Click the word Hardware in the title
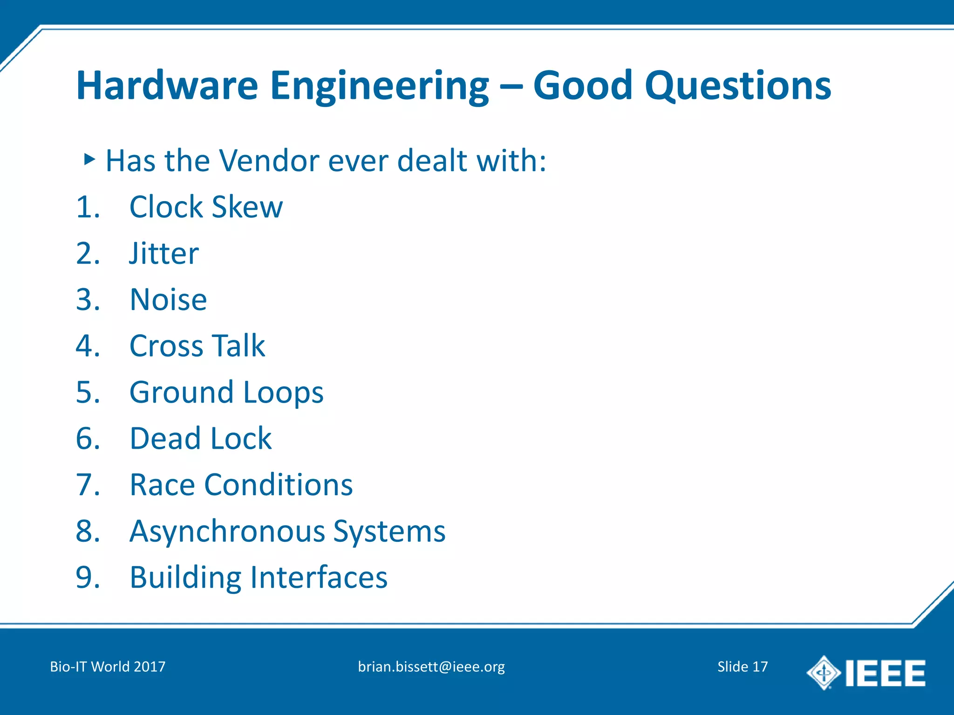coord(167,86)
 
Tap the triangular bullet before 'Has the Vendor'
coord(89,160)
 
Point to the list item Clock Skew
coord(206,207)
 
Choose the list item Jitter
coord(164,254)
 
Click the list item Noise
coord(168,300)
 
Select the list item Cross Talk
coord(197,346)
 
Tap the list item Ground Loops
coord(226,392)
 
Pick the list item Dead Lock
coord(200,438)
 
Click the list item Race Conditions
coord(241,485)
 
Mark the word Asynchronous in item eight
coord(227,532)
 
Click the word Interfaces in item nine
coord(319,578)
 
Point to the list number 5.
coord(88,392)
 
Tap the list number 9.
coord(88,578)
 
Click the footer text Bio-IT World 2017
coord(108,667)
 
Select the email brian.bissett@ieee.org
coord(431,667)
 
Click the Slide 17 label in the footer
coord(742,667)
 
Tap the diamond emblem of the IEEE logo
coord(823,673)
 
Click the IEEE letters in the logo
coord(885,673)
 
